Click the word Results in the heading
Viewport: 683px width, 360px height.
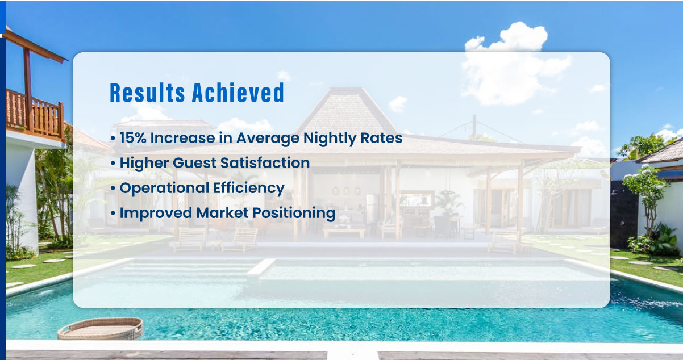(x=147, y=93)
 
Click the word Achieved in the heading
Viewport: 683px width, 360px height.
(x=238, y=92)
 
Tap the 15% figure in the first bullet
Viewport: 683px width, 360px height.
(x=133, y=138)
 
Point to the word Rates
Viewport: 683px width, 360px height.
(x=381, y=138)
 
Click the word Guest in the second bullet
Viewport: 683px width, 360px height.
(x=194, y=163)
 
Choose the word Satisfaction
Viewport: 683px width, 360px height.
(x=265, y=163)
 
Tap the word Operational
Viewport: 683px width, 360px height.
(x=164, y=188)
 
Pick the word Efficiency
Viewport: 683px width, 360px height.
(x=249, y=189)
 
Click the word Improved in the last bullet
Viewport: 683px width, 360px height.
(x=156, y=213)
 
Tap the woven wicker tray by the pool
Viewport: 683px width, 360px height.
(x=101, y=329)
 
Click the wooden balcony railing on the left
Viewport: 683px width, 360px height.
(x=35, y=114)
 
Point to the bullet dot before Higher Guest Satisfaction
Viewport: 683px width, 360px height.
(x=113, y=164)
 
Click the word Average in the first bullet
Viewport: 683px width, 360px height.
(x=268, y=139)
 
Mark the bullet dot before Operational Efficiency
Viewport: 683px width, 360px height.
(x=113, y=189)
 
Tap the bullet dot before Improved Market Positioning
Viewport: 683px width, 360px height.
(x=113, y=214)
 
